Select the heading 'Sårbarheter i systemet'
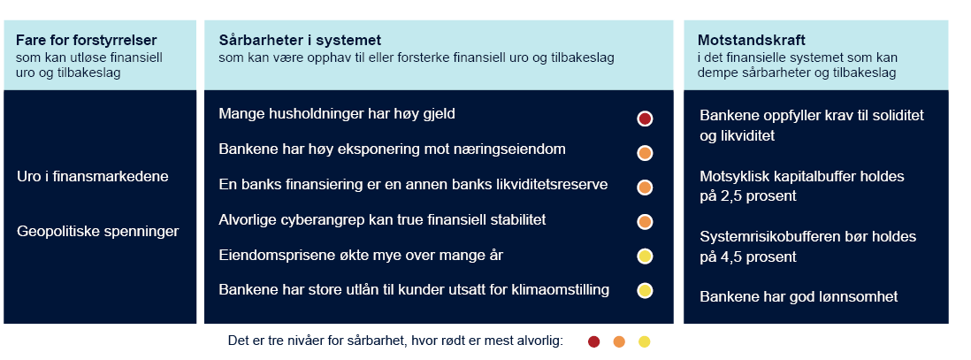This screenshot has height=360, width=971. click(x=300, y=40)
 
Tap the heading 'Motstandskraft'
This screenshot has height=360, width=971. click(x=752, y=40)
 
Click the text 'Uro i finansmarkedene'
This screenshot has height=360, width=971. click(x=93, y=176)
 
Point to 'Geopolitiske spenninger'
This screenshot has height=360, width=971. click(x=98, y=231)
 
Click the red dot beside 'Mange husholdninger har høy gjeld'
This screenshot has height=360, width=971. click(x=645, y=119)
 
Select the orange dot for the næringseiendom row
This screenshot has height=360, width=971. click(x=645, y=153)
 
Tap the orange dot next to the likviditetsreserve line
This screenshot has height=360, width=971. click(x=645, y=188)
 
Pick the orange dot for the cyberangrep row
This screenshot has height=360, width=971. click(x=645, y=221)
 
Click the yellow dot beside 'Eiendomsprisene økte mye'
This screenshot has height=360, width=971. click(x=645, y=257)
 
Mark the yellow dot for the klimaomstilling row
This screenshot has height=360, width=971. click(x=645, y=290)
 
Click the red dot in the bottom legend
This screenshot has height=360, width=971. click(x=593, y=341)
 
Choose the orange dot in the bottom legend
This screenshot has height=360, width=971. click(x=619, y=341)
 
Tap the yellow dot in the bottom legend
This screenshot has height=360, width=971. click(x=644, y=341)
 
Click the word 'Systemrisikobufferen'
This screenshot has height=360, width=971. click(x=768, y=237)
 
